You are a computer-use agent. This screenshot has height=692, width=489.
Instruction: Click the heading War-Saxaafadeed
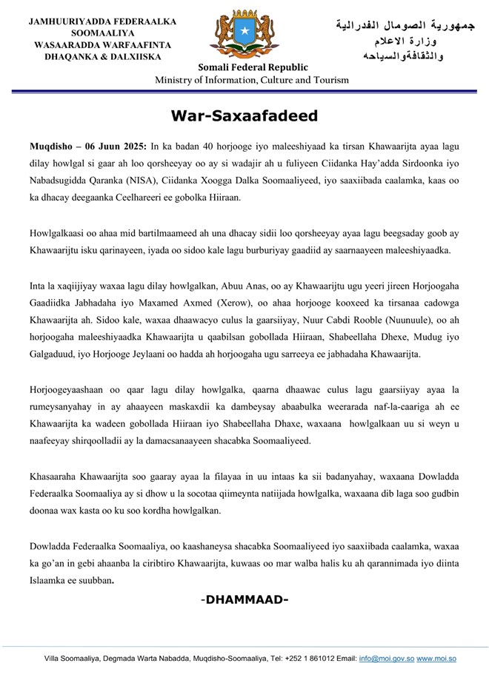coord(244,116)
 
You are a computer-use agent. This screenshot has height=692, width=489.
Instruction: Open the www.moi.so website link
coord(436,658)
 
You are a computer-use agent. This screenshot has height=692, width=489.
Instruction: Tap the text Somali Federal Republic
coord(244,68)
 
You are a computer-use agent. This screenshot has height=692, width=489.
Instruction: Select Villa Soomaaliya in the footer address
coord(70,658)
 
